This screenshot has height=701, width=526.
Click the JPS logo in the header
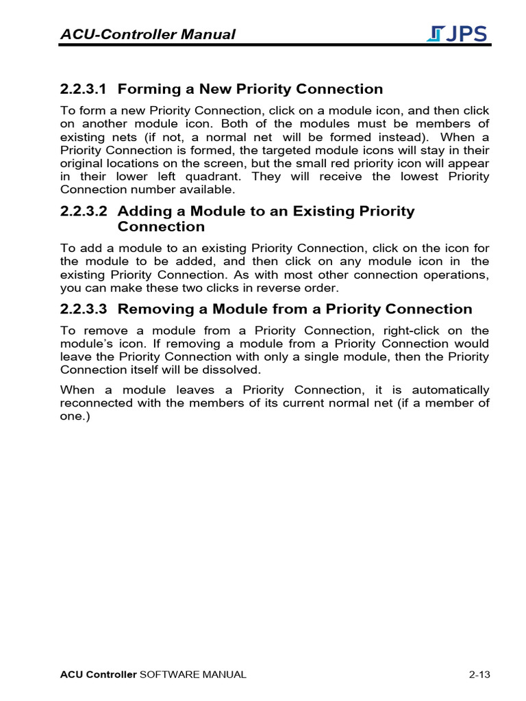pyautogui.click(x=457, y=34)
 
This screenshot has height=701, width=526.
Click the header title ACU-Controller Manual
pyautogui.click(x=148, y=34)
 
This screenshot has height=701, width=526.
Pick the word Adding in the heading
pyautogui.click(x=142, y=211)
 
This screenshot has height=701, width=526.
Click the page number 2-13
pyautogui.click(x=479, y=675)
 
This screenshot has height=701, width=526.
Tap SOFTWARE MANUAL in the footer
pyautogui.click(x=192, y=675)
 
